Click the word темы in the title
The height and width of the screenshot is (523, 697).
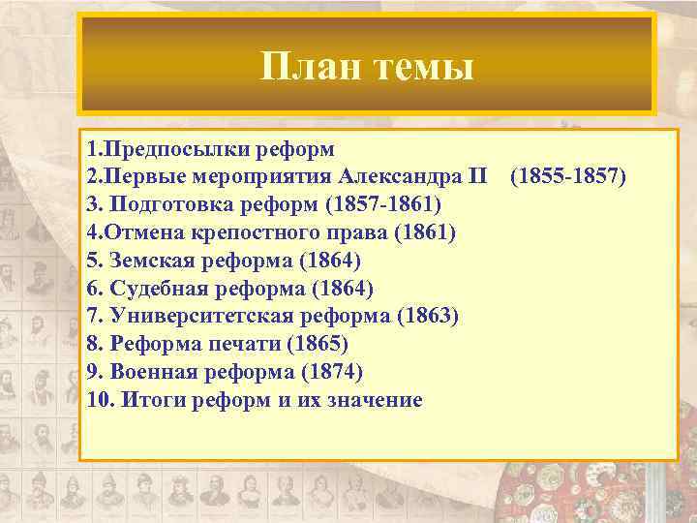tap(422, 67)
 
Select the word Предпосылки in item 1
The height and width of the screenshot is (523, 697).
tap(171, 152)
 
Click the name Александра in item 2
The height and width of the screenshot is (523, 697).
tap(399, 177)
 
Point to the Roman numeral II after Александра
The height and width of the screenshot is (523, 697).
tap(477, 177)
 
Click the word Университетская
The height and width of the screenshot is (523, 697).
tap(194, 316)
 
